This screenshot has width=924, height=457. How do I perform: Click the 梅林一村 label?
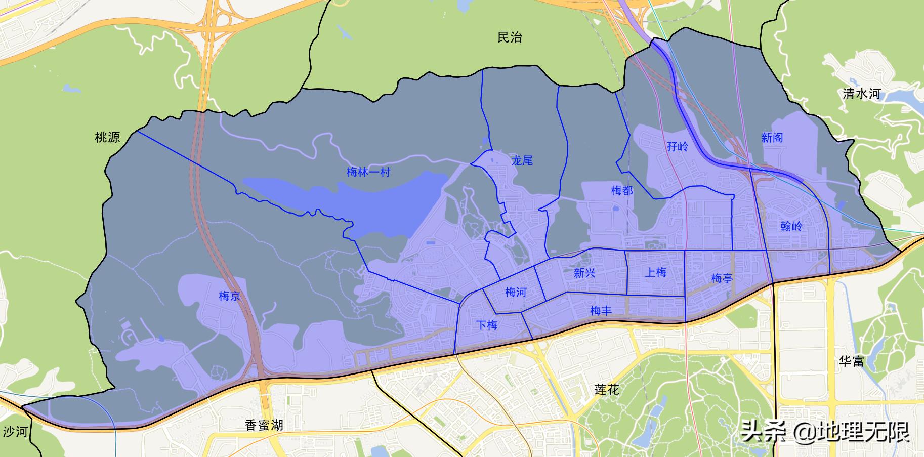click(x=368, y=172)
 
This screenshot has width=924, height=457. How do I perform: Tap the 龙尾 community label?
click(x=522, y=161)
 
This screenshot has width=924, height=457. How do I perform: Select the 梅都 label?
click(x=621, y=191)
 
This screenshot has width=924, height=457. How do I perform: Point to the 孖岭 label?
click(x=678, y=147)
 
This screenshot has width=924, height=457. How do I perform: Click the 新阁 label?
click(x=772, y=138)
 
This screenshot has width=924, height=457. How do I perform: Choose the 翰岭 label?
click(x=791, y=226)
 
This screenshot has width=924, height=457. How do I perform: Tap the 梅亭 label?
click(x=722, y=278)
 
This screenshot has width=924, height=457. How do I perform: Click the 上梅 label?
click(x=655, y=273)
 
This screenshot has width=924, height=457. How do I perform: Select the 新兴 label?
click(x=584, y=273)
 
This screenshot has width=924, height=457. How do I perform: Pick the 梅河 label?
click(x=516, y=292)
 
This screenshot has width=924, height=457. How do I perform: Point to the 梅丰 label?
click(x=601, y=311)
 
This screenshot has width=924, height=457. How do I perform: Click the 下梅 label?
click(x=487, y=325)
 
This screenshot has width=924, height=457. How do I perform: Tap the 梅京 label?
click(x=229, y=296)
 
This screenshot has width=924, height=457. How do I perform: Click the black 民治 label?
click(x=510, y=37)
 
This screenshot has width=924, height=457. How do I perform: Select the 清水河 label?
click(x=861, y=94)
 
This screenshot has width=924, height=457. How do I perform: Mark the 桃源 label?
click(x=107, y=137)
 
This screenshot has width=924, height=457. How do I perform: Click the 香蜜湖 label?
click(x=264, y=425)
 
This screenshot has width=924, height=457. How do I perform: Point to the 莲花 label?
click(x=606, y=390)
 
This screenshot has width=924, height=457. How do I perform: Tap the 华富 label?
click(x=852, y=361)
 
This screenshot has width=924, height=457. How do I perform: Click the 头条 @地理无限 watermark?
click(x=825, y=432)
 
